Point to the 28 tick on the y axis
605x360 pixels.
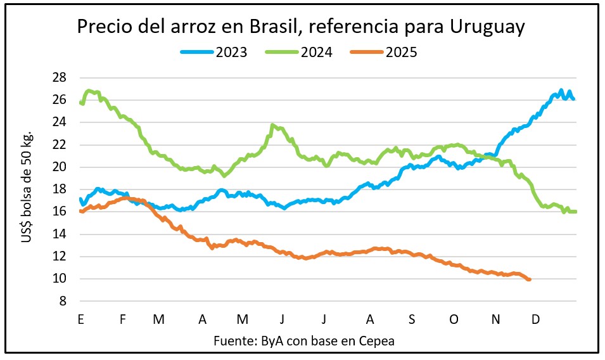coord(60,77)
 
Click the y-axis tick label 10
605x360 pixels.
coord(60,279)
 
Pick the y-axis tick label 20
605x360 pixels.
coord(60,167)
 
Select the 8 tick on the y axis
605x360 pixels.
coord(63,302)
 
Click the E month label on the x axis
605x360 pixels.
coord(80,319)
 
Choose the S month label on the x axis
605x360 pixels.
coord(412,319)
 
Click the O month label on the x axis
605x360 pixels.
coord(454,319)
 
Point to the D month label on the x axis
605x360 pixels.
coord(535,319)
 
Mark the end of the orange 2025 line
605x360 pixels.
coord(529,280)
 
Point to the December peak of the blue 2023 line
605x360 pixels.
coord(561,91)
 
